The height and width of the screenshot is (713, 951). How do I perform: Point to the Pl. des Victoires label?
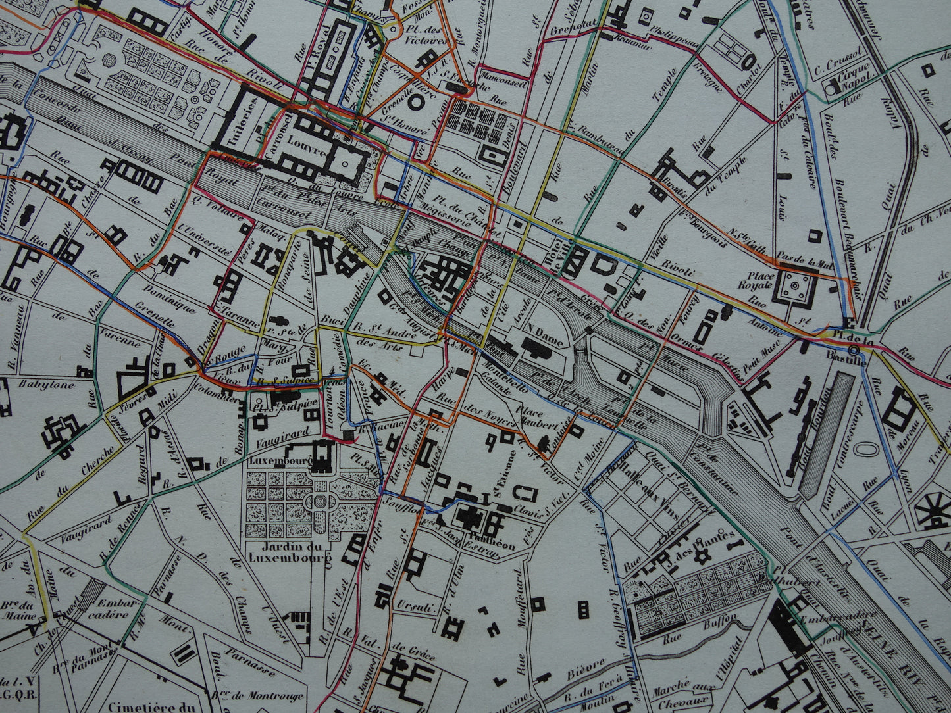click(426, 35)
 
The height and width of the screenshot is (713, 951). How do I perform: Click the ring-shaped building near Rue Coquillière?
click(416, 101)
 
